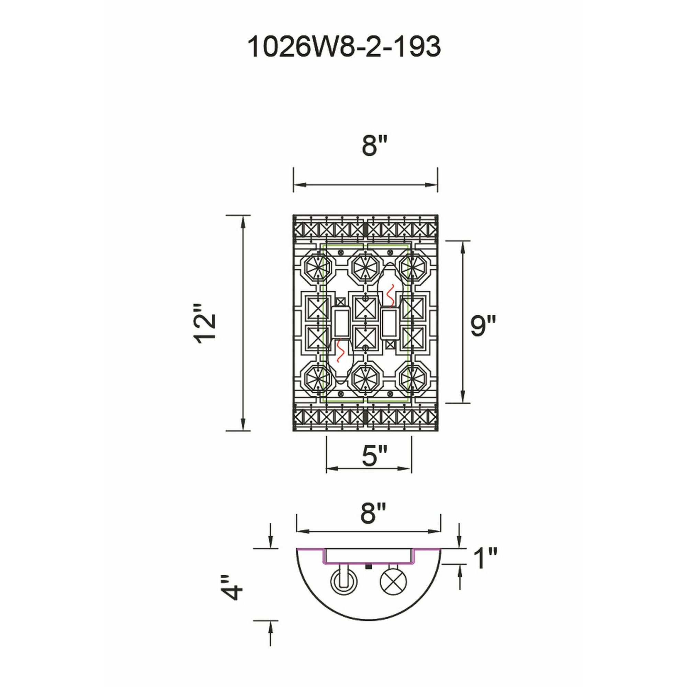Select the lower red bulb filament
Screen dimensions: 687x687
340,351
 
